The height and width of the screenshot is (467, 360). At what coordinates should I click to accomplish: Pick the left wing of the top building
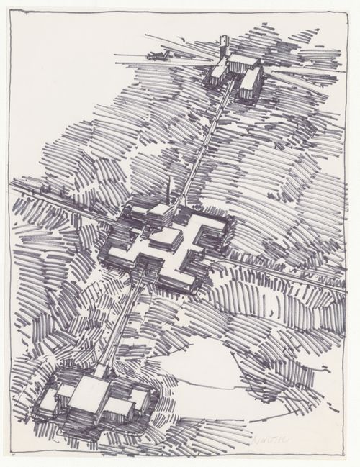[x=217, y=71]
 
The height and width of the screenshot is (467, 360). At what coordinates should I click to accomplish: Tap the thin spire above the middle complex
[x=168, y=191]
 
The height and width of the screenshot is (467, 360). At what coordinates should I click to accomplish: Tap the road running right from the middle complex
[x=288, y=273]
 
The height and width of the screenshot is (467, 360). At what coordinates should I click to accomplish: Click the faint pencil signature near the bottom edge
[x=267, y=438]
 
